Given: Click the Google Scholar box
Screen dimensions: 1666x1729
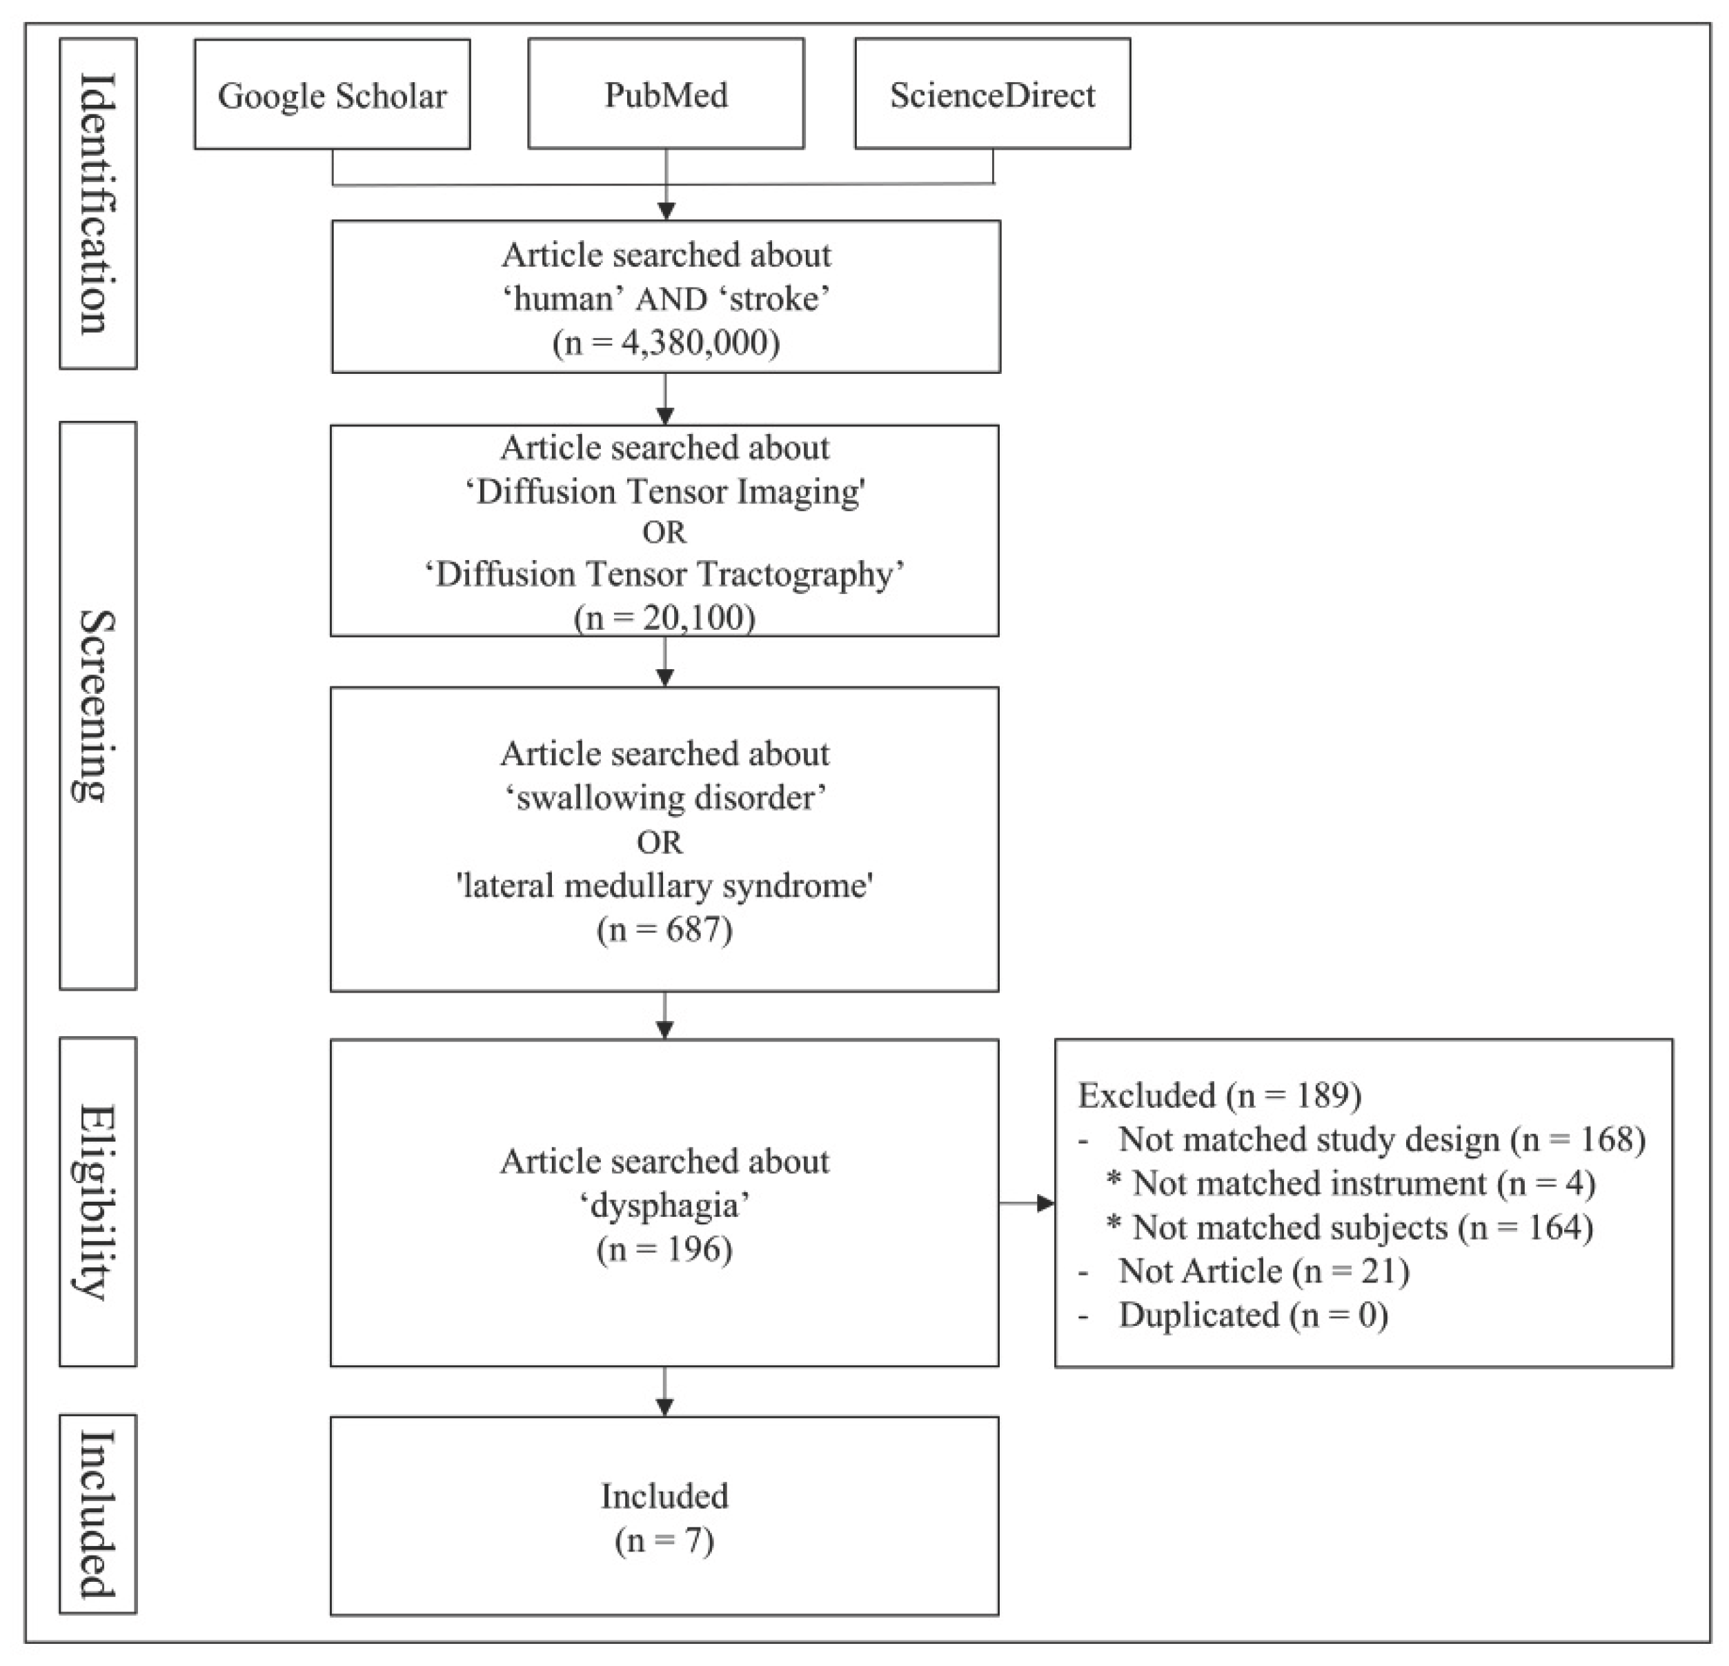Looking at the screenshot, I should tap(332, 95).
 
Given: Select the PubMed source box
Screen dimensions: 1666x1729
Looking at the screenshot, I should tap(666, 95).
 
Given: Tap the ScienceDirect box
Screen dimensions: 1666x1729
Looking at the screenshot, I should tap(992, 95).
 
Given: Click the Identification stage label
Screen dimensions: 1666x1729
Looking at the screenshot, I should tap(98, 203).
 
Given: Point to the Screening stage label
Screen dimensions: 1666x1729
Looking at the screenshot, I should tap(98, 706).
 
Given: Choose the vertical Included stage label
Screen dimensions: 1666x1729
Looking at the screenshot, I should tap(98, 1514).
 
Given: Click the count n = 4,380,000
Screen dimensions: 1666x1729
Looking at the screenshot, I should tap(666, 342).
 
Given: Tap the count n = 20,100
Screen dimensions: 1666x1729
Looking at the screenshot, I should tap(664, 617).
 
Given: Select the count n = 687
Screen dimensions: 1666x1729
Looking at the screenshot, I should tap(664, 929).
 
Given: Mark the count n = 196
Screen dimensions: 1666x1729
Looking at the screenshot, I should tap(664, 1249).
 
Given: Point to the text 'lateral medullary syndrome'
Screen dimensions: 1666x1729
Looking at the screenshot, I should tap(664, 886).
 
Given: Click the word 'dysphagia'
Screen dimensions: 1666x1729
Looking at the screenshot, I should tap(664, 1204).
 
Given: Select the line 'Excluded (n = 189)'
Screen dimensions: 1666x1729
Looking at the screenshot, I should tap(1219, 1095).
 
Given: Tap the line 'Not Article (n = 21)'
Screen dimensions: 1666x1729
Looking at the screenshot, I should tap(1263, 1271).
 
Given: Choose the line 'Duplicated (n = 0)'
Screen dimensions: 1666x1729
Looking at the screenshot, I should tap(1253, 1315).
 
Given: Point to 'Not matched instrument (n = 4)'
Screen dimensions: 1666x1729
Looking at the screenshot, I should tap(1363, 1182).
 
